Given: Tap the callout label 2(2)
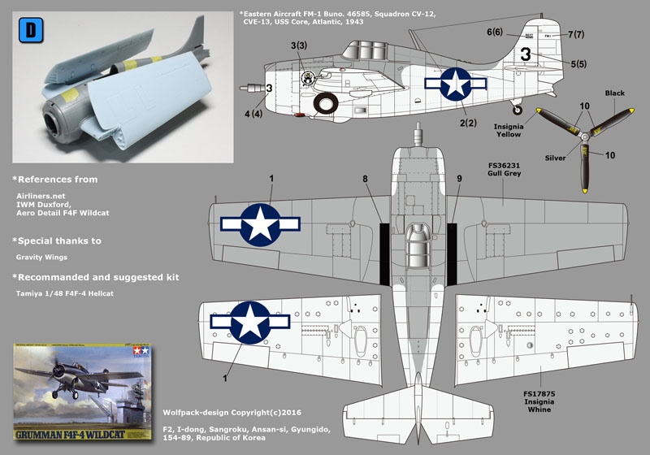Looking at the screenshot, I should coord(466,123).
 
